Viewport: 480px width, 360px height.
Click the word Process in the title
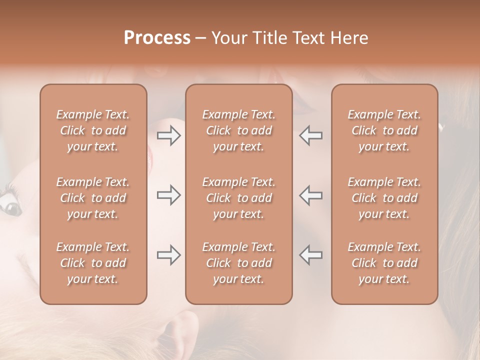tap(157, 38)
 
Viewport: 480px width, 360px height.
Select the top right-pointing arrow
tap(168, 135)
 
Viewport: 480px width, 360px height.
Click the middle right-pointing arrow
tap(168, 195)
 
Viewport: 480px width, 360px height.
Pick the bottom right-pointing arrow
tap(168, 255)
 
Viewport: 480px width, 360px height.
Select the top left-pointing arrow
tap(311, 135)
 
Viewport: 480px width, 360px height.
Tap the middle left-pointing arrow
tap(311, 195)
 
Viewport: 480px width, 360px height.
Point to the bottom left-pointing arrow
tap(311, 255)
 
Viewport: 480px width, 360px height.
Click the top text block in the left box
tap(93, 130)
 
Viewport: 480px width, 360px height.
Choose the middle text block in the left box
tap(93, 198)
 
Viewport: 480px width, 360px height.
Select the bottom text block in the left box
tap(93, 263)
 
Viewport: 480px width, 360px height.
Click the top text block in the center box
tap(239, 130)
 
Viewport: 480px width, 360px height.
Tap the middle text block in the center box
tap(239, 198)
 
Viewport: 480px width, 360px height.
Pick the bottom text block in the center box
tap(239, 263)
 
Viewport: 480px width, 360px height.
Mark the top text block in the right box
tap(384, 130)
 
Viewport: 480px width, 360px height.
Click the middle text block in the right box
tap(384, 198)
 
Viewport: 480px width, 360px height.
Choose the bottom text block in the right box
tap(384, 263)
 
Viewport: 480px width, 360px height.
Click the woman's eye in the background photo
tap(10, 206)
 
